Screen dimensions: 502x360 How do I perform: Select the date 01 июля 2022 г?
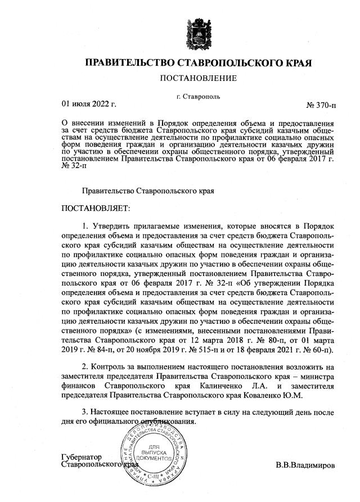(88, 104)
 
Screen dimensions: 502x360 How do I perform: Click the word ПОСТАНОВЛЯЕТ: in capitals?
(96, 208)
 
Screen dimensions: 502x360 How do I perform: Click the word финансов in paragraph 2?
(80, 386)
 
